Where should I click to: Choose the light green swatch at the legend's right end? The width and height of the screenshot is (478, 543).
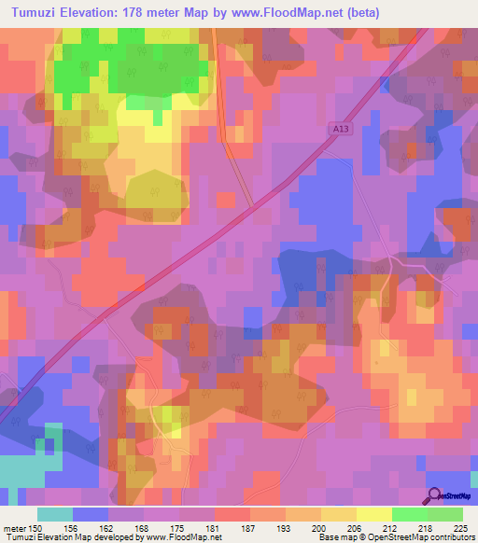click(x=444, y=514)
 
